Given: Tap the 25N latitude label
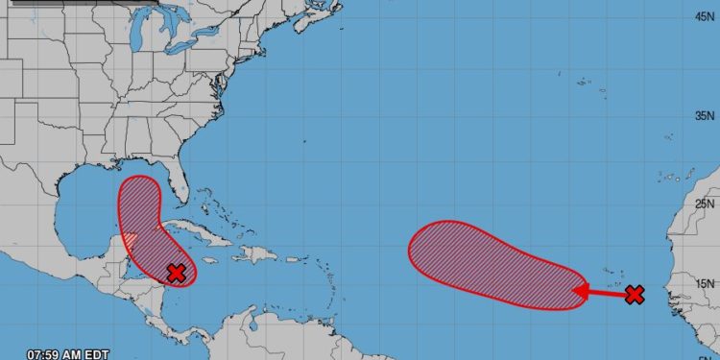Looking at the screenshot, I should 707,204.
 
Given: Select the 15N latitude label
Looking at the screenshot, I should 707,283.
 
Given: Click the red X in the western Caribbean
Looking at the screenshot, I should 176,273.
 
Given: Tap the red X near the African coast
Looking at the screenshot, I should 634,294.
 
